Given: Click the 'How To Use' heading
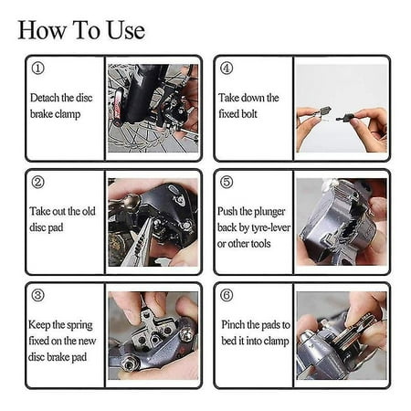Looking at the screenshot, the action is click(x=81, y=30).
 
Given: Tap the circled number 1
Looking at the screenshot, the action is click(x=38, y=68).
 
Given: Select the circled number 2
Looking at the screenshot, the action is click(x=38, y=182).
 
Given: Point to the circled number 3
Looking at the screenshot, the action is click(x=38, y=295).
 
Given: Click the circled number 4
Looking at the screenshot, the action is click(x=227, y=68).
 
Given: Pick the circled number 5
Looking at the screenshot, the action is click(x=227, y=182).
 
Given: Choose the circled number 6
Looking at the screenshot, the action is click(x=227, y=295).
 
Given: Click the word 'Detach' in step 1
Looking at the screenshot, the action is click(x=45, y=98).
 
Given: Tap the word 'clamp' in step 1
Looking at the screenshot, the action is click(x=68, y=114).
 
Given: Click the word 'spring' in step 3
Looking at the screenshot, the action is click(x=79, y=325).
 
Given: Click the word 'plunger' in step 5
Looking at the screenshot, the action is click(x=269, y=212).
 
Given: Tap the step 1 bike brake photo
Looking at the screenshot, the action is click(x=153, y=108).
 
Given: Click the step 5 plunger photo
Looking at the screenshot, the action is click(x=342, y=222).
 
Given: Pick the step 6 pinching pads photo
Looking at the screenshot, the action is click(x=342, y=335).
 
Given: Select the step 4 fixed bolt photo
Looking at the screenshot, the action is click(x=342, y=108).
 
